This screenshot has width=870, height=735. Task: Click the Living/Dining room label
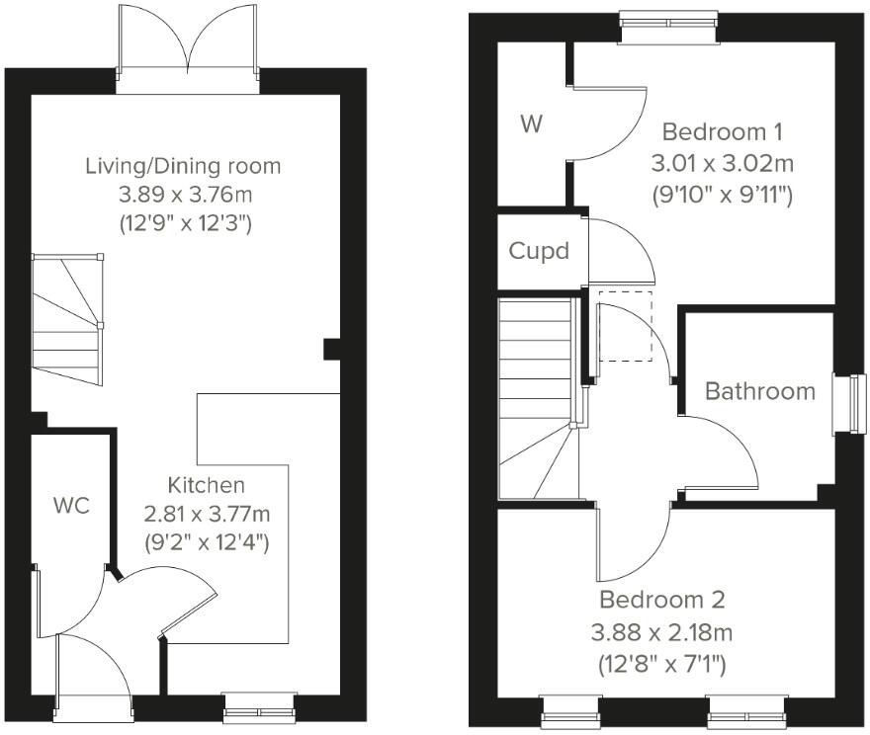pyautogui.click(x=183, y=166)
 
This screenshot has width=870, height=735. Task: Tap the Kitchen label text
pyautogui.click(x=206, y=485)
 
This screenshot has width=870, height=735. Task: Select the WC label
pyautogui.click(x=71, y=507)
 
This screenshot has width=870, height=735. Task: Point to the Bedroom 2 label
pyautogui.click(x=662, y=600)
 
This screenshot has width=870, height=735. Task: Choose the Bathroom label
pyautogui.click(x=760, y=391)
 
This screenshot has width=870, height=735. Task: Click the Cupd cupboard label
pyautogui.click(x=539, y=251)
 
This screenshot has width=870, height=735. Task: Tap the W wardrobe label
pyautogui.click(x=532, y=124)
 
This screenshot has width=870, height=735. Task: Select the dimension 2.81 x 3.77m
pyautogui.click(x=206, y=514)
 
